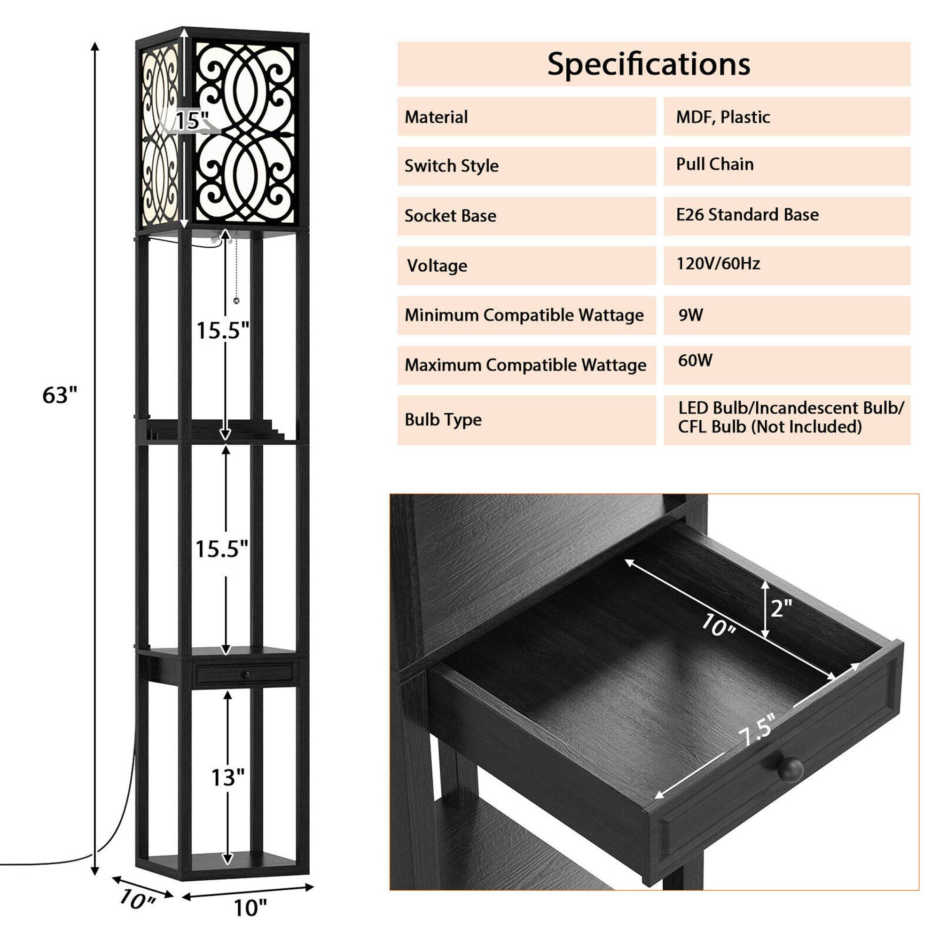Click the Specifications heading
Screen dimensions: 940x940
tap(648, 64)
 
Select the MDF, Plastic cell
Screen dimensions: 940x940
tap(722, 117)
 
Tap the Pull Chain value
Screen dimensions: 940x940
tap(714, 164)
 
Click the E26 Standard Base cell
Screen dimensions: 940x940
tap(747, 215)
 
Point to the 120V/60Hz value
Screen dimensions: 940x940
tap(718, 264)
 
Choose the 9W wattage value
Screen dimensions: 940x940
tap(690, 315)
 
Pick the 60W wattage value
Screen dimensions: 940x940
tap(695, 360)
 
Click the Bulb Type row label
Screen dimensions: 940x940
tap(443, 419)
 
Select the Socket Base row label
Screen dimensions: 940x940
tap(450, 216)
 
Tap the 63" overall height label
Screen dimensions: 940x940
tap(59, 395)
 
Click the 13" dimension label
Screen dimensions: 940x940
tap(227, 777)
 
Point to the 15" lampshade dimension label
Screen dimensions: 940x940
tap(192, 121)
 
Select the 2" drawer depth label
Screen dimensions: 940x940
tap(781, 608)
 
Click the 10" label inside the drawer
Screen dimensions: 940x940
tap(718, 625)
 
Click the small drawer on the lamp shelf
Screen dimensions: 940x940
tap(245, 674)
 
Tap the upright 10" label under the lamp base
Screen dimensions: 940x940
tap(250, 908)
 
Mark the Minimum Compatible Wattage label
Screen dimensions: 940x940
tap(524, 315)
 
